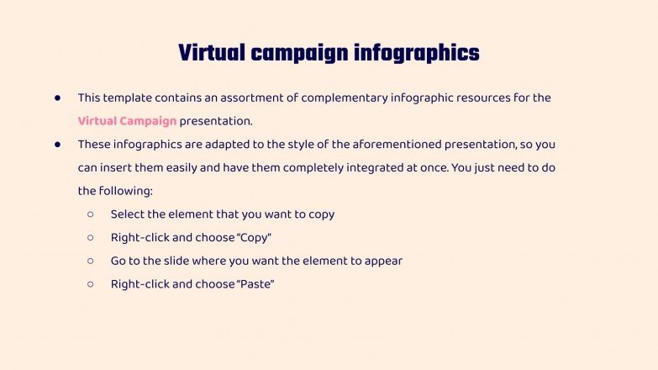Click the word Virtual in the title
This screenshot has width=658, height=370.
(x=209, y=53)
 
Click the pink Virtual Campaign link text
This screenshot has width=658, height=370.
(x=127, y=121)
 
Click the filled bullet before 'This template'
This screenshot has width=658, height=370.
(x=58, y=98)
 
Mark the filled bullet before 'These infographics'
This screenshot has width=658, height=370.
(x=58, y=145)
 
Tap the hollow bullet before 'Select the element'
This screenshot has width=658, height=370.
(x=91, y=214)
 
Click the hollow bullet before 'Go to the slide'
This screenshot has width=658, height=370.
(x=91, y=261)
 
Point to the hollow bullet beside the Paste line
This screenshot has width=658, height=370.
(x=91, y=284)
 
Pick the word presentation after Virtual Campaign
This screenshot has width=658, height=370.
(x=216, y=121)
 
